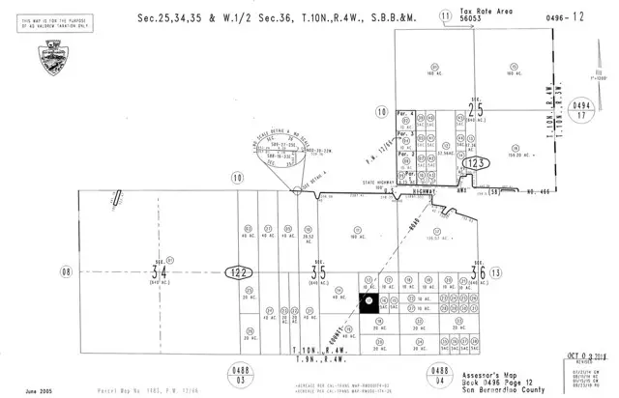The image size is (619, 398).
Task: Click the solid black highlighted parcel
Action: point(368,302)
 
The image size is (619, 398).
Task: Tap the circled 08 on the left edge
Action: point(66,271)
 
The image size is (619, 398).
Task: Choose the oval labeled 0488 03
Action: point(237,373)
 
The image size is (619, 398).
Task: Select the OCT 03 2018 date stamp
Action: point(584,356)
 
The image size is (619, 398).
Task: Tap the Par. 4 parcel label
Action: point(406,114)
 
